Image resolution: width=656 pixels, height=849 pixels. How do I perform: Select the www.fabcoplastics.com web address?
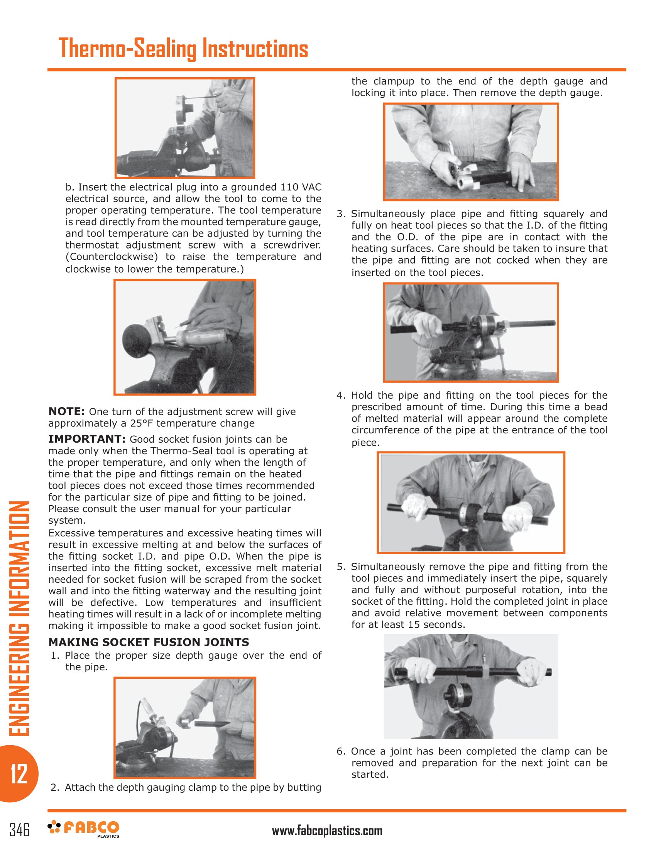[x=327, y=831]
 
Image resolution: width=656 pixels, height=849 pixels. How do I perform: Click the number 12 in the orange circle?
[x=18, y=774]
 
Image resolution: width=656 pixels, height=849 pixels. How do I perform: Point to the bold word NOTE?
[x=66, y=411]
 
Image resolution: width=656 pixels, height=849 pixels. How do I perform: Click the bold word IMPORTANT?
[x=86, y=439]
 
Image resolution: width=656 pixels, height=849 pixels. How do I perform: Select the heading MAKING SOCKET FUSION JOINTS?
[x=149, y=642]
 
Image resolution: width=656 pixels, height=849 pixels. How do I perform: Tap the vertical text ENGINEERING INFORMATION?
[x=19, y=618]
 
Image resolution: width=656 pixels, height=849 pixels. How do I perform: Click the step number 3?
[x=341, y=214]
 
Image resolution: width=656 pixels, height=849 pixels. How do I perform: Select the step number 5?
[x=341, y=567]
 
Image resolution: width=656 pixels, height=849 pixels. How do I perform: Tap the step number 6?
[x=341, y=751]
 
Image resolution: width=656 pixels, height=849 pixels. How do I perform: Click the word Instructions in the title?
[x=255, y=49]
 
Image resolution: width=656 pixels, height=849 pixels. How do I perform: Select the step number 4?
[x=341, y=395]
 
